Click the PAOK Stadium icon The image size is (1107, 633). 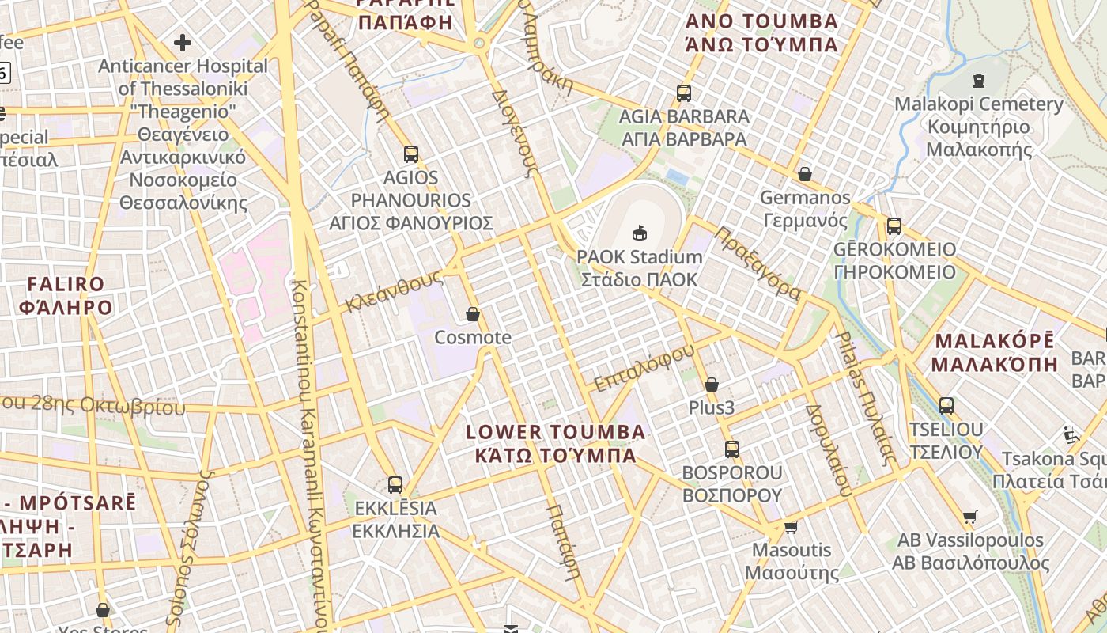tap(640, 233)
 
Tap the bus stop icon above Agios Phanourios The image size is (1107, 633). tap(410, 154)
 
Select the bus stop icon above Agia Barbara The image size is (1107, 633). tap(684, 93)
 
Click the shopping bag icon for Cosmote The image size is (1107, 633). tap(473, 315)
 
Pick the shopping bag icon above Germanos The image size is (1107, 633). tap(805, 174)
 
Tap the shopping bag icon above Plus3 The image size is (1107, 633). tap(712, 385)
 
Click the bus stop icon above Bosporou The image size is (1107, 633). tap(732, 449)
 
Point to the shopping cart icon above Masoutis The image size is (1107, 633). tap(791, 527)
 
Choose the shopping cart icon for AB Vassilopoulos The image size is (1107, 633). tap(970, 517)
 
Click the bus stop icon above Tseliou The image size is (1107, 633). tap(946, 406)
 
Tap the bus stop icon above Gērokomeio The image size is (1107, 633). tap(894, 226)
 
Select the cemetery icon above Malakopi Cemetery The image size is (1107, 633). tap(979, 80)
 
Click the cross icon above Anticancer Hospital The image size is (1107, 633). tap(183, 42)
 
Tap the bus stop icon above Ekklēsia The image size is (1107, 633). tap(395, 484)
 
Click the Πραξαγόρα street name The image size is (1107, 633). tap(758, 263)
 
